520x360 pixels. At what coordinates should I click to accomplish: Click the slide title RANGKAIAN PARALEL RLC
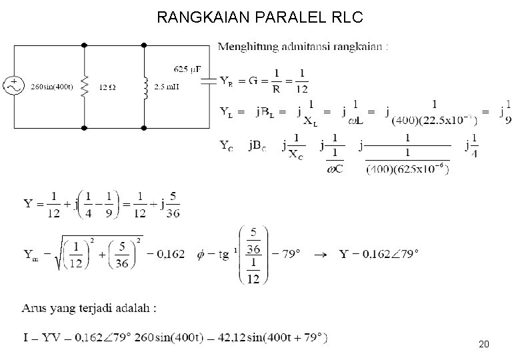coord(260,18)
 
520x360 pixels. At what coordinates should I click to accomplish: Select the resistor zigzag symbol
coord(85,85)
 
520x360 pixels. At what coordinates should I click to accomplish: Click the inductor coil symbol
coord(144,85)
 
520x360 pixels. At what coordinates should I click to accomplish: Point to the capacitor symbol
coord(209,81)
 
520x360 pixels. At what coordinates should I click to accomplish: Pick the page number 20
coord(485,345)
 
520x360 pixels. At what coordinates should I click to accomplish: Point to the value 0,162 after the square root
coord(171,253)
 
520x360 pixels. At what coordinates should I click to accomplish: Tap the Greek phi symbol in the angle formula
coord(203,253)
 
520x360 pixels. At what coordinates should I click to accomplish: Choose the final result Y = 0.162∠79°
coord(379,253)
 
